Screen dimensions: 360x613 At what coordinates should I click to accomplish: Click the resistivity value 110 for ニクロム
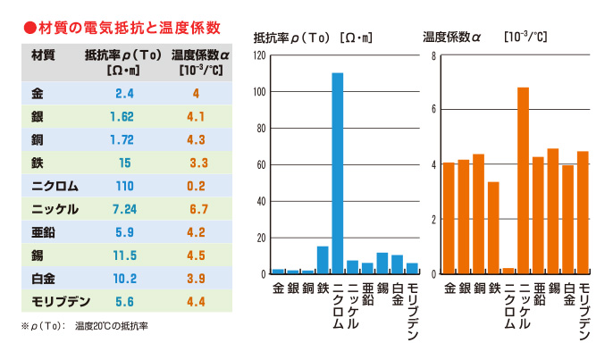coord(123,186)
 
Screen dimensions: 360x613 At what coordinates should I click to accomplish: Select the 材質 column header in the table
coord(43,54)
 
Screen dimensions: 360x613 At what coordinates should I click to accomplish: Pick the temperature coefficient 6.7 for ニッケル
coord(196,209)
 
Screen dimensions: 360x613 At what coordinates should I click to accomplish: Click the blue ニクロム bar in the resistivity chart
coord(337,172)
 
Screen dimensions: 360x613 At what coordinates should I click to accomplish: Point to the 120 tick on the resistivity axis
coord(260,55)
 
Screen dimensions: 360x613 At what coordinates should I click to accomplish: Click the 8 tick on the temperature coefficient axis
coord(432,55)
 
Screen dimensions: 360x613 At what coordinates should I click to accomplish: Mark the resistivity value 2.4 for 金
coord(123,93)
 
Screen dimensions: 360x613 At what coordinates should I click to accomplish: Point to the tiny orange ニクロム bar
coord(508,271)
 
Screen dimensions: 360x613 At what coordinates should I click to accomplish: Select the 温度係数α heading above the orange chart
coord(452,38)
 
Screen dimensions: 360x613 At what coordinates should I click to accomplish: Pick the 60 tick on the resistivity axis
coord(260,164)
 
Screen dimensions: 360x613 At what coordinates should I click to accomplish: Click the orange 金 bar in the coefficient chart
coord(449,218)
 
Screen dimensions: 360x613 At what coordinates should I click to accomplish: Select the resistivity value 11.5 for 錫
coord(123,255)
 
